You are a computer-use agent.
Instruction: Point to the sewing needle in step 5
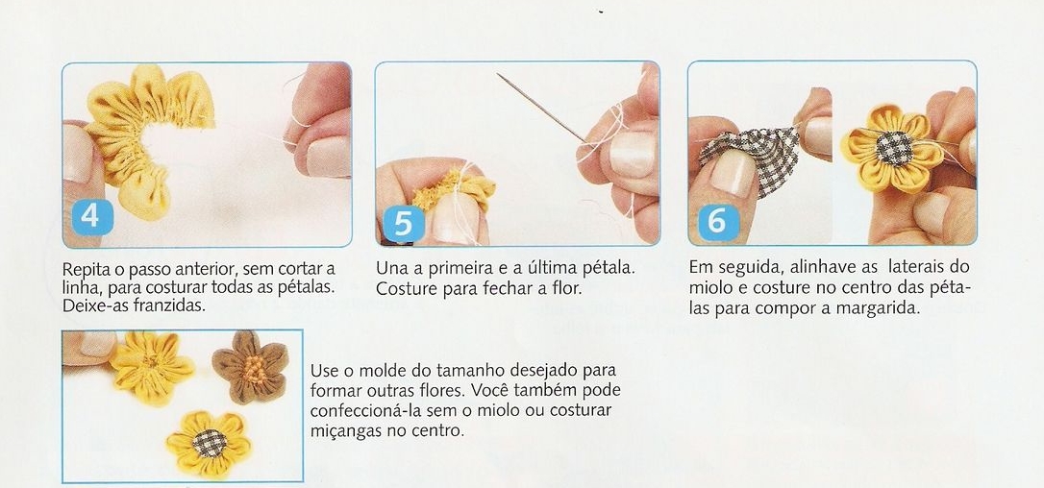point(540,108)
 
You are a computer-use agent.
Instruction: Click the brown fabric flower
point(250,367)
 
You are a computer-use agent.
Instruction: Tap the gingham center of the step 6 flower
point(893,148)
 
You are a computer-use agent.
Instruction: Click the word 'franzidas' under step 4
point(167,305)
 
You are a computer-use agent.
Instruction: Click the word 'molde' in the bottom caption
point(397,370)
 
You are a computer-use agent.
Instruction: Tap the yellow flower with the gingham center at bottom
point(209,444)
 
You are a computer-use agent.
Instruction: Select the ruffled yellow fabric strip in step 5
point(454,187)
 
